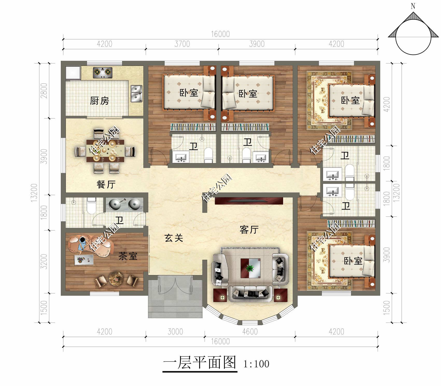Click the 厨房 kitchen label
[x=99, y=101]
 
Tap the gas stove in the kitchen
[x=103, y=73]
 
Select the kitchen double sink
[x=136, y=93]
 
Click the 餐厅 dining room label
[x=106, y=184]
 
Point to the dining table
[x=105, y=150]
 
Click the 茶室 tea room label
[x=128, y=256]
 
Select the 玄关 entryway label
[x=174, y=238]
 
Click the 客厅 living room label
[x=249, y=229]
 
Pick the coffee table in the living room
[x=250, y=268]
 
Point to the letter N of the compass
[x=413, y=6]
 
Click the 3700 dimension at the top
[x=182, y=44]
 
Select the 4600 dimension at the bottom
[x=250, y=332]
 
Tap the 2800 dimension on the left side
[x=44, y=90]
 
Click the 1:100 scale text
[x=256, y=364]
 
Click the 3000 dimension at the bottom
[x=175, y=332]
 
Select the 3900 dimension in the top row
[x=257, y=44]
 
